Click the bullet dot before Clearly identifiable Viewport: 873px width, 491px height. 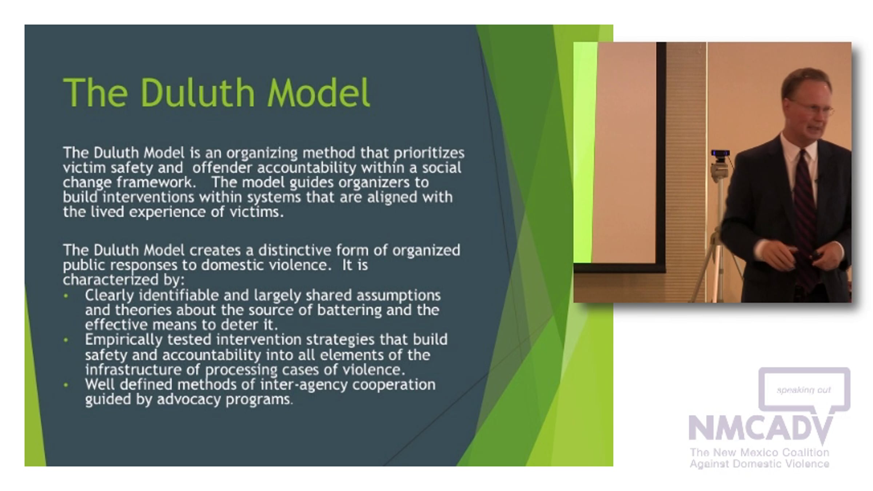(66, 296)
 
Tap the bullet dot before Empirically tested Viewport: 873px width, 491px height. (66, 340)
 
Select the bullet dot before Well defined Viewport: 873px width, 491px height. (66, 385)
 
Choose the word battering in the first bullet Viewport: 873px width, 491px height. (349, 310)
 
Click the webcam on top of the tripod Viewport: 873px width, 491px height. (721, 154)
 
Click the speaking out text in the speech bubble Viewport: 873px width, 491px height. (804, 390)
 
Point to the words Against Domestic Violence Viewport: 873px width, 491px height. (760, 464)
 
